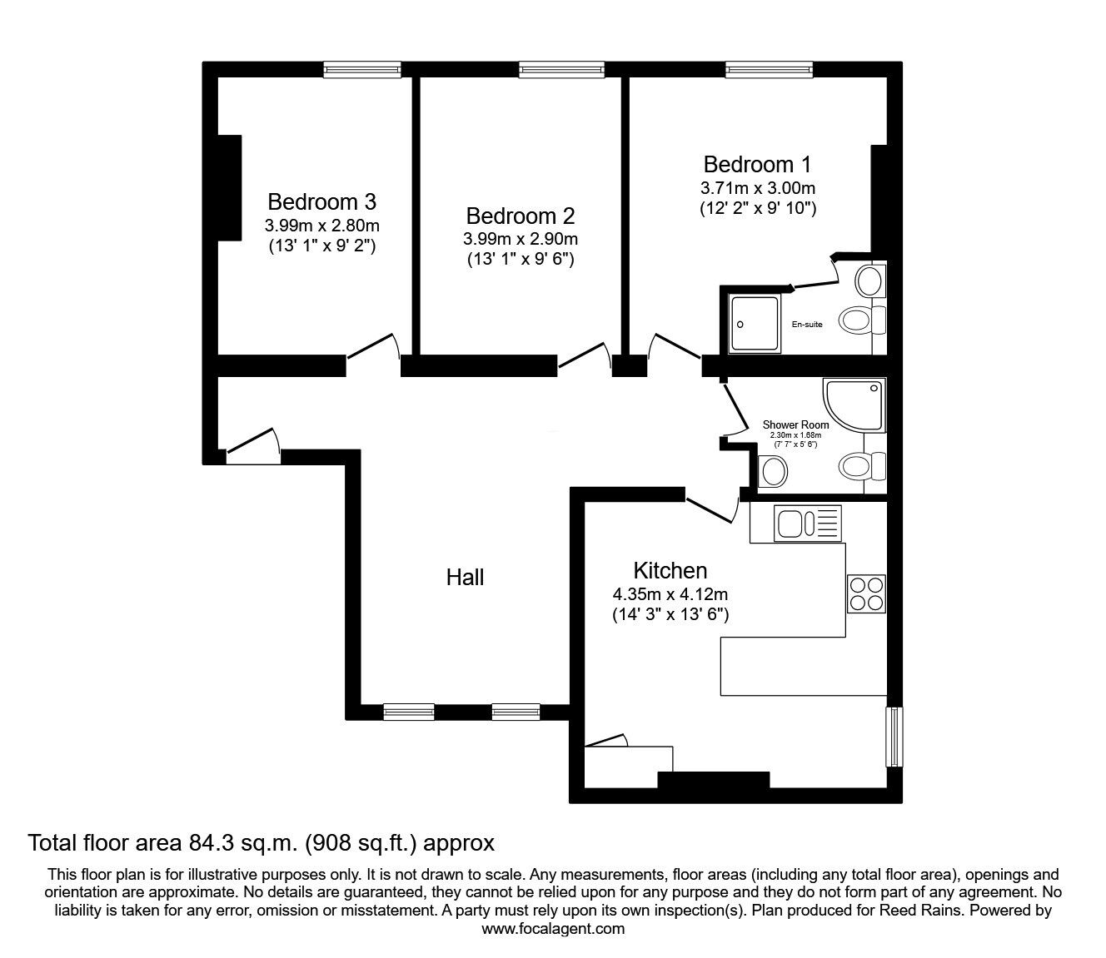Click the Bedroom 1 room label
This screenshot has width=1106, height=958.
pos(756,164)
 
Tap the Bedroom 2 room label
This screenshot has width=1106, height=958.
pos(520,216)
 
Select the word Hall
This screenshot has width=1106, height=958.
pos(465,577)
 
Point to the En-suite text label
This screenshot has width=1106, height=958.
pos(806,324)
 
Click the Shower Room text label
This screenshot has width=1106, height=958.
pos(795,424)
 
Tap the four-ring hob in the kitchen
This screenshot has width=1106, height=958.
pos(866,593)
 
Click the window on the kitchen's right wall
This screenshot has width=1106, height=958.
pos(894,737)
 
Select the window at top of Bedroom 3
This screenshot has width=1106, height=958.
pos(362,70)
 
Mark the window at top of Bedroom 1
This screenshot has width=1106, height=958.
pos(769,70)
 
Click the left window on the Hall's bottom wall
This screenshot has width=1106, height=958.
pos(408,712)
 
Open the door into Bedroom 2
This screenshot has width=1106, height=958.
pos(585,355)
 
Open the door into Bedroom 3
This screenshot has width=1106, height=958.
pos(373,348)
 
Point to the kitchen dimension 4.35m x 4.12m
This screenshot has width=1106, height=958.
pos(670,594)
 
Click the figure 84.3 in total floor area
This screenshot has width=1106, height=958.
pos(202,843)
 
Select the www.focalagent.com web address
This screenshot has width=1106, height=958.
pos(553,929)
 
